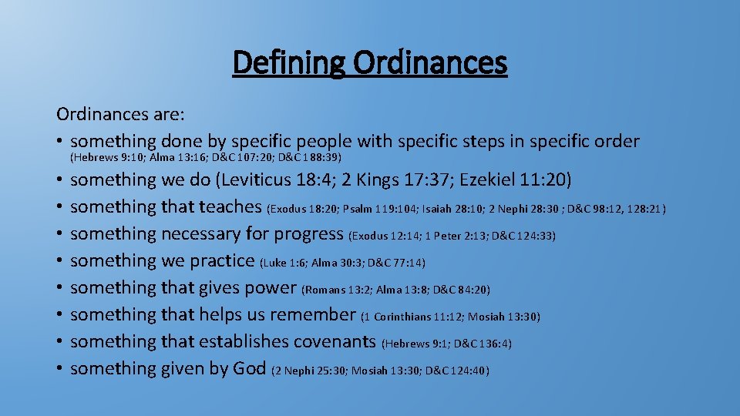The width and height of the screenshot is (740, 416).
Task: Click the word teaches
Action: click(x=230, y=206)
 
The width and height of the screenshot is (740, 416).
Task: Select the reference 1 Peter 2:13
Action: click(x=456, y=236)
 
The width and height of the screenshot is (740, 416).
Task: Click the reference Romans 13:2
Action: click(x=338, y=290)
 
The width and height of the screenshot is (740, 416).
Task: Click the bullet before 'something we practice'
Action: click(x=59, y=261)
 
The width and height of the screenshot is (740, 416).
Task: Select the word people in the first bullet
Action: click(x=317, y=142)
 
